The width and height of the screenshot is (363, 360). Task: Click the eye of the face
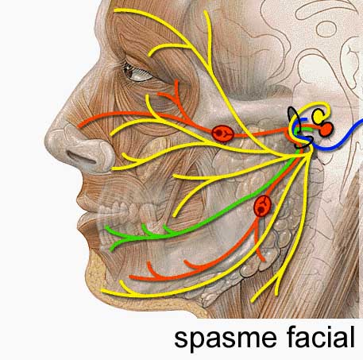pyautogui.click(x=137, y=73)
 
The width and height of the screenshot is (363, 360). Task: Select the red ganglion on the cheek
pyautogui.click(x=222, y=134)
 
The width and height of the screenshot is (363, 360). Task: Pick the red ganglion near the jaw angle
pyautogui.click(x=262, y=206)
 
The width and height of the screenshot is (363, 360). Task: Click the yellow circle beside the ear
pyautogui.click(x=319, y=116)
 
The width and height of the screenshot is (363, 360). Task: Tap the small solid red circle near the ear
pyautogui.click(x=326, y=129)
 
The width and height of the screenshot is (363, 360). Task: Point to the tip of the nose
pyautogui.click(x=48, y=140)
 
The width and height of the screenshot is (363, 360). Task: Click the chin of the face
pyautogui.click(x=95, y=276)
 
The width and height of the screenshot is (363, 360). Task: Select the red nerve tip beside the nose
pyautogui.click(x=79, y=126)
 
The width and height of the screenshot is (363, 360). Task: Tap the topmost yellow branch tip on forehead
pyautogui.click(x=115, y=10)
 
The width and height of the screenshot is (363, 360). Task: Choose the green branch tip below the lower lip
pyautogui.click(x=112, y=250)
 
